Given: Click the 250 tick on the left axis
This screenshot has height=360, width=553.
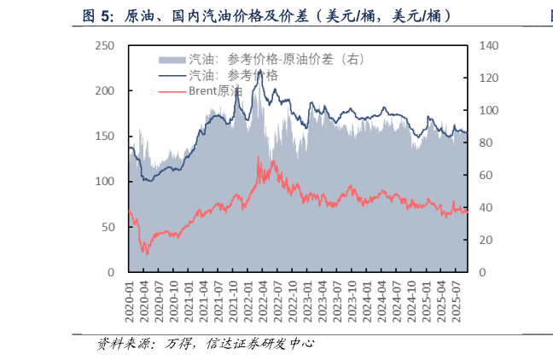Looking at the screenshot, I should point(106,45).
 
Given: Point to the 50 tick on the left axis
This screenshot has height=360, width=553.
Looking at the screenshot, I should point(109,227).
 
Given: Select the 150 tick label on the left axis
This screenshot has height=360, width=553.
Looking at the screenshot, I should point(106,136).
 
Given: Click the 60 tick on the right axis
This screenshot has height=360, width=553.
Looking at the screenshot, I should point(483,175).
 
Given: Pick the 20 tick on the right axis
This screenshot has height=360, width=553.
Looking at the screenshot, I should point(483,240).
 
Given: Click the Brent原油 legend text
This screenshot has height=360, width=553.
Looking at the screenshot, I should point(215,90).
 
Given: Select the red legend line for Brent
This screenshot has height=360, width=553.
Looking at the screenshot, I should point(172,90).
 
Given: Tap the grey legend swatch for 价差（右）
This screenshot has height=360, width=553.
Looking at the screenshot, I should point(172,59).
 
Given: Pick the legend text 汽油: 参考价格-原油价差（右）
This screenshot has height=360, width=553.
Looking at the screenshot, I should point(276,59).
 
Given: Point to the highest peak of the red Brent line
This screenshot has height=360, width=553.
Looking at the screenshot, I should point(259,157).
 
